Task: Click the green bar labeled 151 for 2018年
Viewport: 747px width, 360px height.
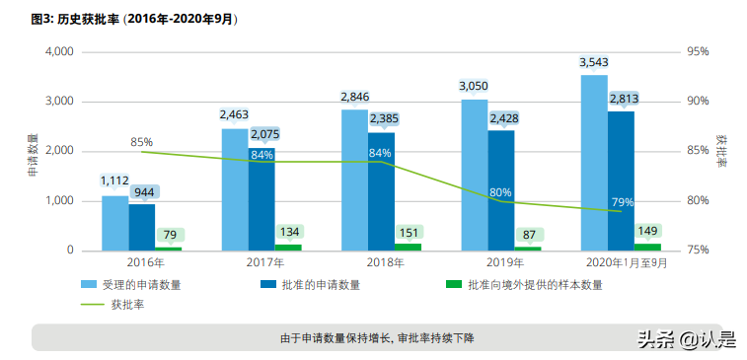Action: click(x=408, y=247)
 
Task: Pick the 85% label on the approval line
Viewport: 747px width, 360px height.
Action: click(x=142, y=142)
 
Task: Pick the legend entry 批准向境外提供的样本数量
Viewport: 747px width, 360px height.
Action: click(x=534, y=285)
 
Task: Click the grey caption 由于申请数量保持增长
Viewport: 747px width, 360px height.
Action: click(x=377, y=337)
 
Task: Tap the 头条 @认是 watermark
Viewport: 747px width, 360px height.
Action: click(x=686, y=340)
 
